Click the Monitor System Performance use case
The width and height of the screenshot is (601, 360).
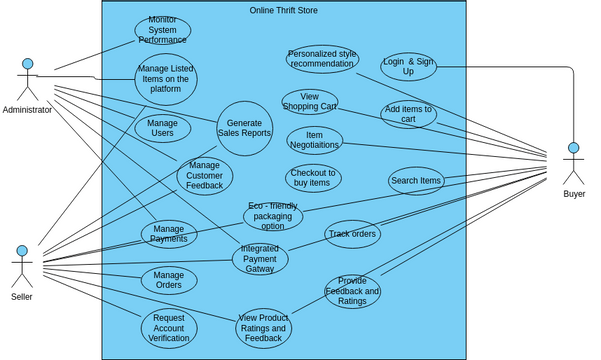[162, 31]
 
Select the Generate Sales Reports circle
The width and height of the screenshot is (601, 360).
[244, 128]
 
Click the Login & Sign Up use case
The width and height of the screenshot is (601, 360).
[408, 67]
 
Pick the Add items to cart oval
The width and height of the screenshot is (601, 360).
[408, 114]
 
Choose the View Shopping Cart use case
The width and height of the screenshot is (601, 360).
[309, 102]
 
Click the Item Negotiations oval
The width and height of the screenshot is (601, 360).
[314, 140]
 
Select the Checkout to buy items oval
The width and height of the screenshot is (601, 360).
[313, 178]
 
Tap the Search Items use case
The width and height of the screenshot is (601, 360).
[416, 181]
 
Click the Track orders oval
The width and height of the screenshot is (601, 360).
[352, 235]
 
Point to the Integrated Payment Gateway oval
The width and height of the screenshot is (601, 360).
[260, 259]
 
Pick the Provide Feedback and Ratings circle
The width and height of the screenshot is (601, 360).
[352, 291]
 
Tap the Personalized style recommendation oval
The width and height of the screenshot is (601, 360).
[321, 59]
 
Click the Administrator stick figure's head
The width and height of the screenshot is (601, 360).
[28, 64]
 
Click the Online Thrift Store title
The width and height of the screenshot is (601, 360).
[283, 10]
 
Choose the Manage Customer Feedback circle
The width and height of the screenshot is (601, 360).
[204, 177]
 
